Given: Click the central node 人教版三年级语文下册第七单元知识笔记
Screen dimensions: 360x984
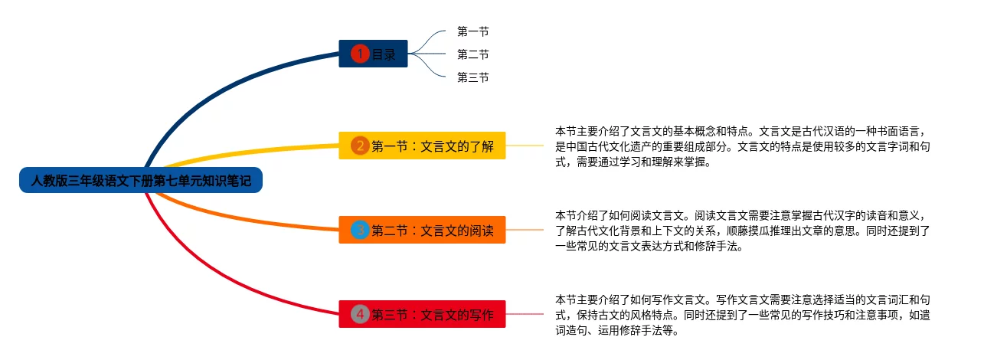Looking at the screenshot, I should pyautogui.click(x=141, y=182).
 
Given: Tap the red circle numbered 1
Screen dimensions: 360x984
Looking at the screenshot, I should pyautogui.click(x=360, y=54).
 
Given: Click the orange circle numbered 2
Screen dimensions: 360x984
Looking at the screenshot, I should pyautogui.click(x=360, y=146).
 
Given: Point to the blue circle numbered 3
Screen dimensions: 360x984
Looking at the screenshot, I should pyautogui.click(x=360, y=230).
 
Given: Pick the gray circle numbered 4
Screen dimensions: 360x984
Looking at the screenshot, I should pyautogui.click(x=360, y=314).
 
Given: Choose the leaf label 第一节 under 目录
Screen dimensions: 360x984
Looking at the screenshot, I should pyautogui.click(x=472, y=31).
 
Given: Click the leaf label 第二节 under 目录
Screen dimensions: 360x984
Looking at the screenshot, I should pyautogui.click(x=472, y=54).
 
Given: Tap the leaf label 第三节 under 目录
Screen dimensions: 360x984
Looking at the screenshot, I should pyautogui.click(x=472, y=77).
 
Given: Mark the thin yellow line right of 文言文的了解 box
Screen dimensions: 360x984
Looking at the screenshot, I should pyautogui.click(x=528, y=145).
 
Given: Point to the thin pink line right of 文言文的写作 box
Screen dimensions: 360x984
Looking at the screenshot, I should pyautogui.click(x=528, y=314).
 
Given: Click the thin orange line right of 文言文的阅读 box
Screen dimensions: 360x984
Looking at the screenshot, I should pyautogui.click(x=528, y=230).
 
